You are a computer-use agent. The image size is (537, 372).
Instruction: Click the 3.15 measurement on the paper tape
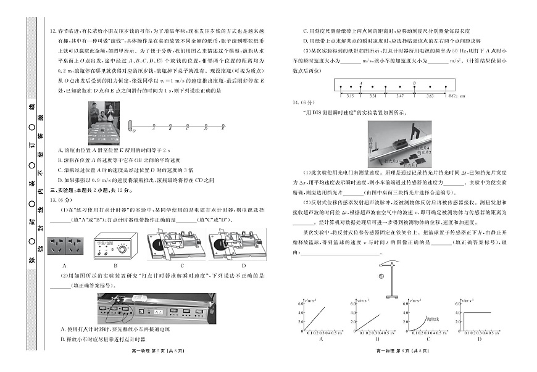(350, 96)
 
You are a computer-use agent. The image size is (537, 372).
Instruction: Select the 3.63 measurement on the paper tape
(430, 96)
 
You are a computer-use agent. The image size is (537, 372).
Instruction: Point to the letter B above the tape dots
(414, 82)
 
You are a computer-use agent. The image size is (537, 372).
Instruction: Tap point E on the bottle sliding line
(223, 130)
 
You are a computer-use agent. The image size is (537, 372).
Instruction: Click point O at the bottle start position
(130, 130)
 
